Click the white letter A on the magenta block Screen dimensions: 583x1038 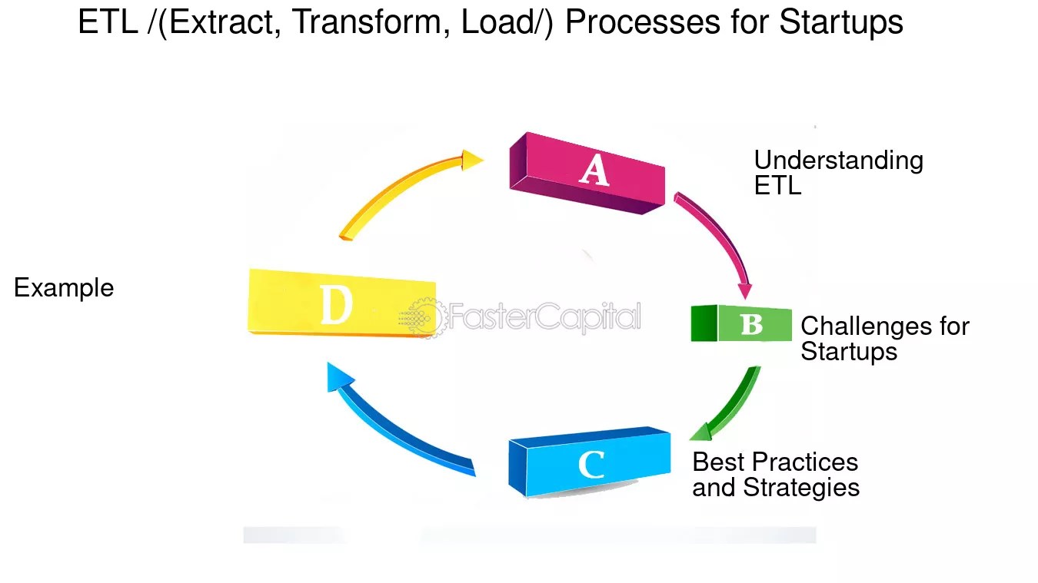pos(594,170)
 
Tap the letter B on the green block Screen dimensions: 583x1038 pos(751,325)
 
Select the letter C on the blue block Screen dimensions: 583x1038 pos(591,465)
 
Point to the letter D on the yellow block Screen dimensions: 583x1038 pos(336,306)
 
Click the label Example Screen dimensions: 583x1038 pos(64,288)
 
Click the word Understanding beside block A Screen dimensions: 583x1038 pos(838,161)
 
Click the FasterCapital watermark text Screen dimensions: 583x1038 pos(544,316)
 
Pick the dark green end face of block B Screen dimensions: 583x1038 pos(704,323)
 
